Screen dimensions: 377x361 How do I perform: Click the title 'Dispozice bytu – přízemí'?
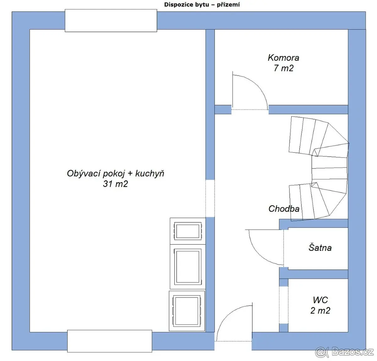click(x=202, y=5)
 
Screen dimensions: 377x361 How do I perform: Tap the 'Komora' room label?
click(x=283, y=58)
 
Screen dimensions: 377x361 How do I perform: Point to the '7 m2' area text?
click(x=283, y=68)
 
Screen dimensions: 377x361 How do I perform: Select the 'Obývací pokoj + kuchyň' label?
click(x=116, y=173)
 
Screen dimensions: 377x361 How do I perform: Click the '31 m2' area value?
click(x=116, y=184)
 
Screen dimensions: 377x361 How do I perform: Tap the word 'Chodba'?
click(x=284, y=209)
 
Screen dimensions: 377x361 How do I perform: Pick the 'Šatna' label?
click(x=320, y=248)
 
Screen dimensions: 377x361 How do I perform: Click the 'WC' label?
click(x=320, y=300)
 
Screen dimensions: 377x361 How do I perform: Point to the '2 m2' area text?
click(x=320, y=310)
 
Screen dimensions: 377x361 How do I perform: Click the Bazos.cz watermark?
click(x=344, y=352)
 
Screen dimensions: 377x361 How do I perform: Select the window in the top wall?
click(x=111, y=20)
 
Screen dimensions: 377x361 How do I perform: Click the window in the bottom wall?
click(x=110, y=341)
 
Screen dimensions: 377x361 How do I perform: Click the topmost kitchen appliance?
click(x=188, y=231)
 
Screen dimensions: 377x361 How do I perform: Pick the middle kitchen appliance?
click(x=188, y=267)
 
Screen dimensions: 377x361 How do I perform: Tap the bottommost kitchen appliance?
click(x=187, y=311)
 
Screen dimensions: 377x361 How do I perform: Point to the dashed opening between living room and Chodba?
click(x=210, y=198)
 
